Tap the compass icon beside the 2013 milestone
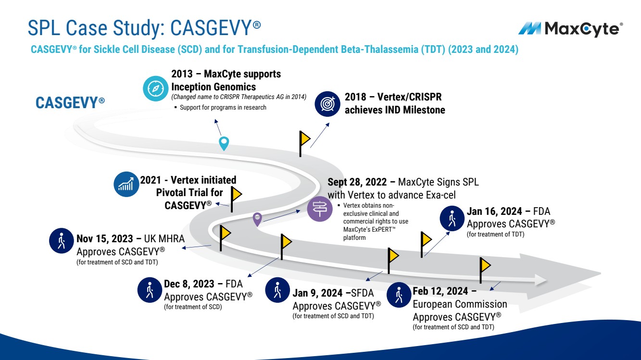[155, 88]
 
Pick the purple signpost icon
[320, 209]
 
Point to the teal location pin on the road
[224, 143]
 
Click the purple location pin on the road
[258, 219]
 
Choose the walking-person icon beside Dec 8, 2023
[150, 290]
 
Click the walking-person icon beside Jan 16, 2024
[452, 219]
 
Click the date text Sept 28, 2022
[361, 183]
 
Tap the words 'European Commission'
[460, 304]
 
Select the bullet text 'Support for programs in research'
[223, 107]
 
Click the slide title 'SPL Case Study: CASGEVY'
[144, 28]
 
